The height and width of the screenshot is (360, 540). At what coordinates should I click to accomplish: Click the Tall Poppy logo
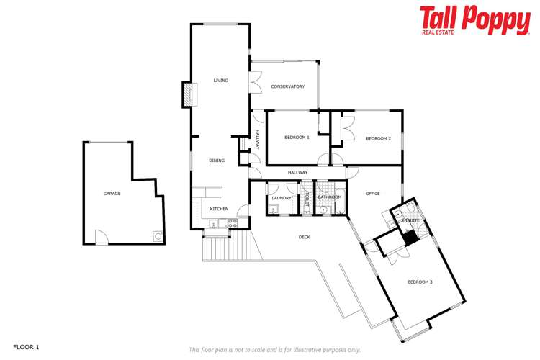pos(474,19)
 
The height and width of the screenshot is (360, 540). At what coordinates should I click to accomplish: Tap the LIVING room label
pos(220,81)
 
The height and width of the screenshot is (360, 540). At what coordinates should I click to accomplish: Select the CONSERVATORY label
pos(287,86)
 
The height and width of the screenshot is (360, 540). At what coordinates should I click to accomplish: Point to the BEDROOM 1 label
pos(297,138)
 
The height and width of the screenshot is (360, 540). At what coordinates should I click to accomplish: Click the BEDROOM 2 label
pos(378,138)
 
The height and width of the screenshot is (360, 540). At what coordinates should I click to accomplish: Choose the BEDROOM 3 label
pos(420,282)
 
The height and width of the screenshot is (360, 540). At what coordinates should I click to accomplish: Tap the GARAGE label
pos(112,194)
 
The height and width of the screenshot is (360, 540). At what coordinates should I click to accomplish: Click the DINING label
pos(217,161)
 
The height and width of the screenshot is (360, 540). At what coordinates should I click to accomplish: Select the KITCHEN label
pos(219,209)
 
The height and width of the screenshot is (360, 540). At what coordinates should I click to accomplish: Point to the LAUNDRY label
pos(282,198)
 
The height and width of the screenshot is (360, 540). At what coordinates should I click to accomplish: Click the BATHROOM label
pos(329,197)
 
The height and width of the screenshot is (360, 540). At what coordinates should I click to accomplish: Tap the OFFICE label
pos(372,194)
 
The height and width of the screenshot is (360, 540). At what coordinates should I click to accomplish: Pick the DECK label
pos(304,237)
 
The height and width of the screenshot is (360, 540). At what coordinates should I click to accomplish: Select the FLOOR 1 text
pos(26,347)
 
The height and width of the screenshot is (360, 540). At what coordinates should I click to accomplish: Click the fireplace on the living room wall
pos(187,94)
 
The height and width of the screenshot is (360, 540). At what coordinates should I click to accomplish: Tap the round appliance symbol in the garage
pos(157,235)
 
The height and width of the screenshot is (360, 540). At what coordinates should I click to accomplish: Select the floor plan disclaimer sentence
pos(274,350)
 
